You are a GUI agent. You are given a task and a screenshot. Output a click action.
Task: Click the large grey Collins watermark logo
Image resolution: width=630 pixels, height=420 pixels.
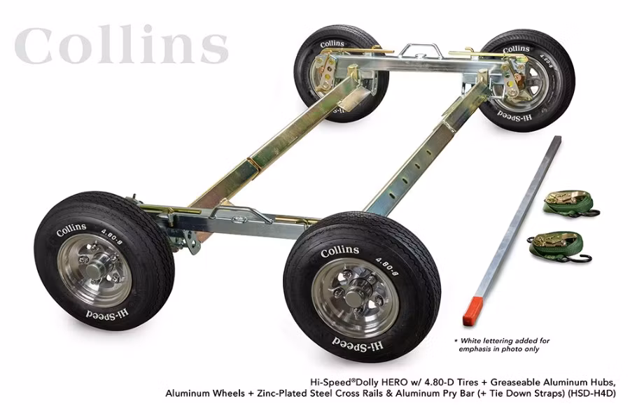click(x=121, y=45)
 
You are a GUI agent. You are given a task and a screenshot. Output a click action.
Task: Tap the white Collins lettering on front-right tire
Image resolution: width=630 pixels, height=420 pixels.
click(x=340, y=250)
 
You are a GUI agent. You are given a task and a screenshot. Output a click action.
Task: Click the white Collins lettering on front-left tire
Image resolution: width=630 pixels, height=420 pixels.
click(x=71, y=229)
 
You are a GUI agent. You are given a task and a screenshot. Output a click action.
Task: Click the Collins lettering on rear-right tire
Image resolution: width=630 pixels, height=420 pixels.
click(x=517, y=49)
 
